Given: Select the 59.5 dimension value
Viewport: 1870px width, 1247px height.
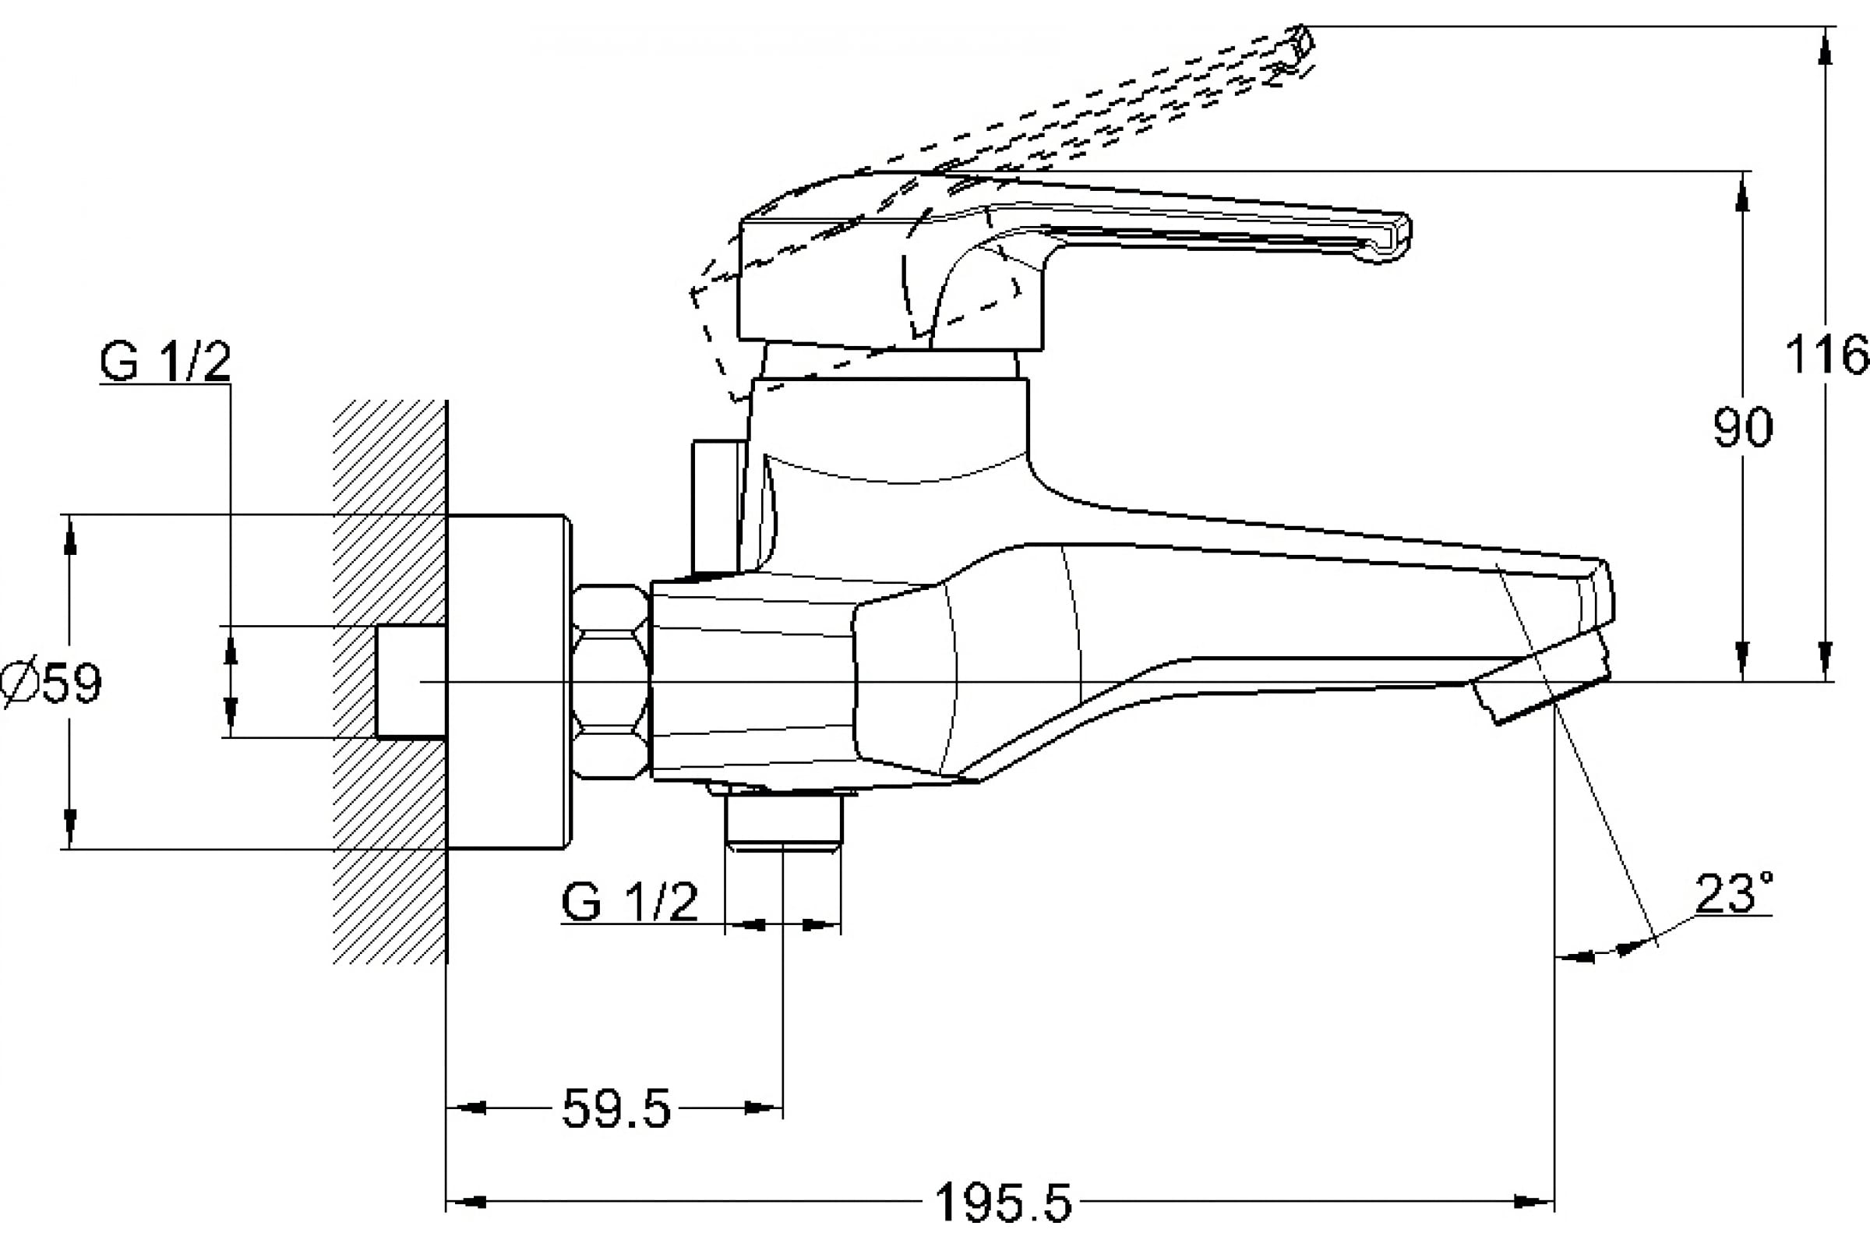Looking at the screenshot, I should pyautogui.click(x=616, y=1108).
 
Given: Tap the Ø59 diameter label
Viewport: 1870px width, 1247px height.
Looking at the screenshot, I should pyautogui.click(x=52, y=681).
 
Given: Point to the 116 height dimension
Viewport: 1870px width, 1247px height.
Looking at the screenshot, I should pyautogui.click(x=1826, y=355).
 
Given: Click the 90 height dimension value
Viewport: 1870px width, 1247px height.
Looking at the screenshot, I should pyautogui.click(x=1742, y=428).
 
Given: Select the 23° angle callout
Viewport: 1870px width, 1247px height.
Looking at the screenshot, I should pyautogui.click(x=1733, y=894).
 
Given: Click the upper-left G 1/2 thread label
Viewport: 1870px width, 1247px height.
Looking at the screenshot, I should pyautogui.click(x=164, y=362).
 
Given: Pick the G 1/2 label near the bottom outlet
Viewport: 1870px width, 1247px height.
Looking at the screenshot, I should pyautogui.click(x=629, y=902).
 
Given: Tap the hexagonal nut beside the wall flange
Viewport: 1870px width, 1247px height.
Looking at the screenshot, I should pyautogui.click(x=610, y=680).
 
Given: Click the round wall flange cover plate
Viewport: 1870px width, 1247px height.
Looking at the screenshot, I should pyautogui.click(x=507, y=681).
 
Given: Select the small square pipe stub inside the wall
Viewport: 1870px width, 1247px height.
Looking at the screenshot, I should pyautogui.click(x=411, y=681).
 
